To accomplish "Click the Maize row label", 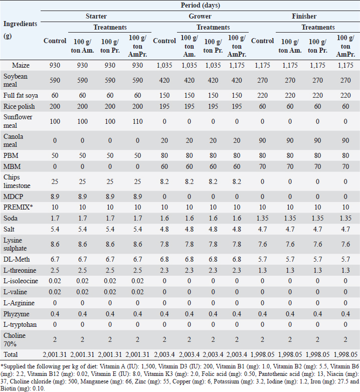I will pos(12,65).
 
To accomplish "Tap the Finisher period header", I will pos(304,17).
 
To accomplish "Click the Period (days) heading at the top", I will pos(201,5).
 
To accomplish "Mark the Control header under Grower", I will pos(164,41).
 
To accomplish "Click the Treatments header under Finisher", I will pos(318,27).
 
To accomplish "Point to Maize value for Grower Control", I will pos(164,65).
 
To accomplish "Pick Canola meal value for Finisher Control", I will pos(262,140).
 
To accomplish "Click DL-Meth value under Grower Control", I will pos(164,259).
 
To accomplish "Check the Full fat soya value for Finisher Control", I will pos(262,95).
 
